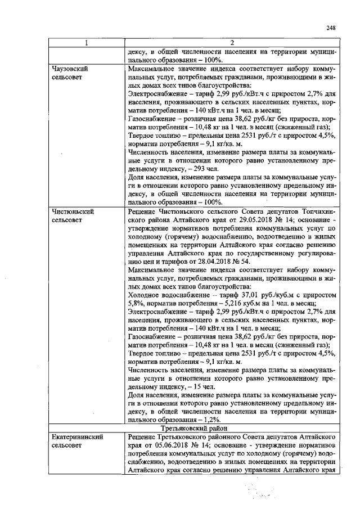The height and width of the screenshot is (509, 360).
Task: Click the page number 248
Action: click(330, 28)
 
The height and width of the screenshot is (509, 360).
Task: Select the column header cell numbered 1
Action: click(86, 43)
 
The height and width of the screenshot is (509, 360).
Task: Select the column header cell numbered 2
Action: click(231, 43)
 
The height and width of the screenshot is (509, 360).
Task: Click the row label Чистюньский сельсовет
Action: click(72, 216)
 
